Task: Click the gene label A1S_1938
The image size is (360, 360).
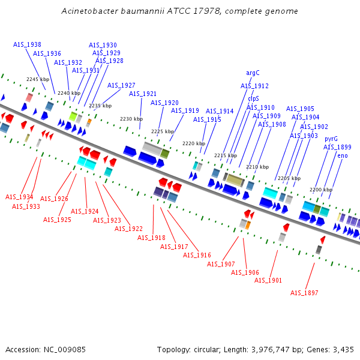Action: point(27,44)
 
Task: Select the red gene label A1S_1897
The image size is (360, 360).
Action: point(304,293)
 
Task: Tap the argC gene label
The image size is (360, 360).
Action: point(253,73)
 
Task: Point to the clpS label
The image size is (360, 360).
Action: point(253,98)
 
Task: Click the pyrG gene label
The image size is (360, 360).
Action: point(331,139)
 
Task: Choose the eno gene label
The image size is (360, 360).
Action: point(343,155)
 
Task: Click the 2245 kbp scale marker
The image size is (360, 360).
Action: point(37,79)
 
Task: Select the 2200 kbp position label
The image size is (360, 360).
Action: point(321,190)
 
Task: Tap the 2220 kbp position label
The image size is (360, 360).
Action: point(193,143)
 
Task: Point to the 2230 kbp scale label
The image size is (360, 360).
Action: point(131,119)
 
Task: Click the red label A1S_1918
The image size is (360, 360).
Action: point(151,238)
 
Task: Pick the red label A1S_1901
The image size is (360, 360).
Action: point(268,280)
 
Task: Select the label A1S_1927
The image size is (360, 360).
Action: point(121,85)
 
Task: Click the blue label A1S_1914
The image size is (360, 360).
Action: point(220,111)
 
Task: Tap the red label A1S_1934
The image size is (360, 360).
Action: point(19,197)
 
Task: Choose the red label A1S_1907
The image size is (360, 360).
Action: point(221,264)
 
